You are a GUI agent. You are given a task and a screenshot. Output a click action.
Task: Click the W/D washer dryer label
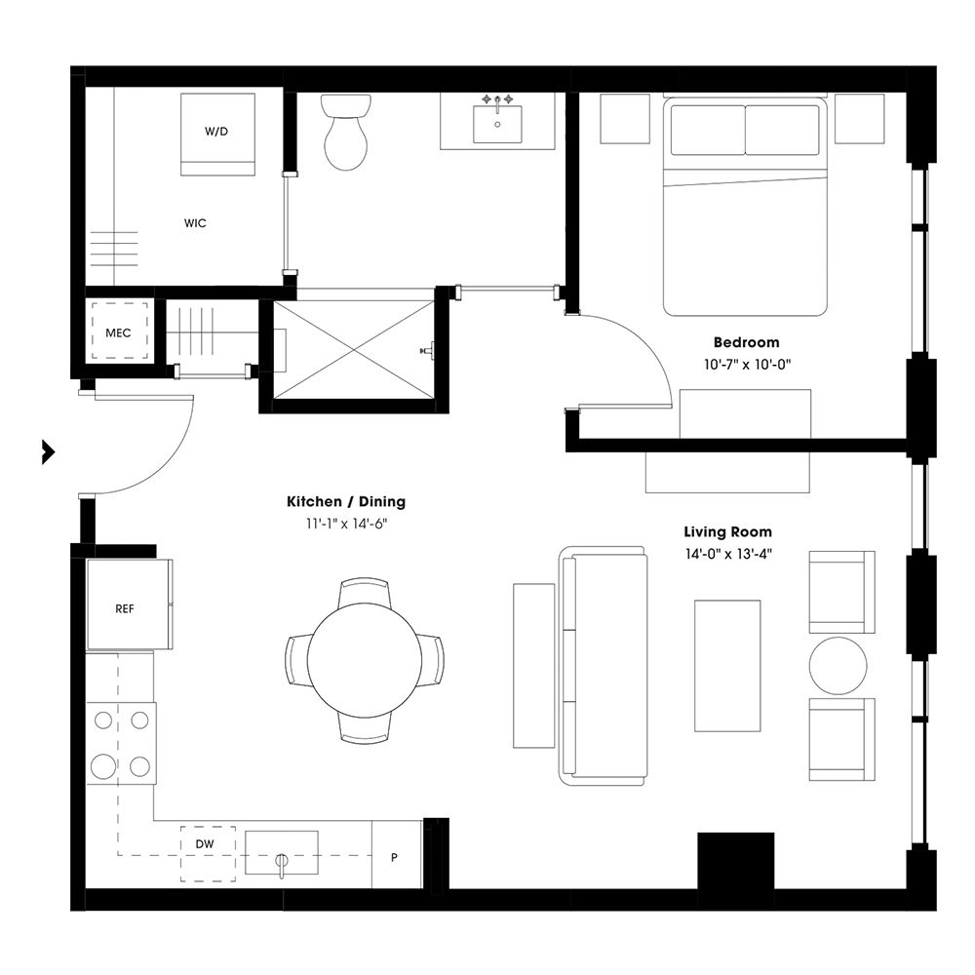point(216,132)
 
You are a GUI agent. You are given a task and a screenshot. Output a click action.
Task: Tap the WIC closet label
point(195,223)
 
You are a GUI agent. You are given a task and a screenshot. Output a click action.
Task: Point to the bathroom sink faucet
point(497,101)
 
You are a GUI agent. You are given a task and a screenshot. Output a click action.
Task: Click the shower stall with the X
point(353,349)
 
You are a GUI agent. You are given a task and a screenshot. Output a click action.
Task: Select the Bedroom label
point(746,342)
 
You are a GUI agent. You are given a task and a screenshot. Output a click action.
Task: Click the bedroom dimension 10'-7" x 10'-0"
point(746,364)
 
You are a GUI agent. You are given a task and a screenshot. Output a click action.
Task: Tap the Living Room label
point(727,532)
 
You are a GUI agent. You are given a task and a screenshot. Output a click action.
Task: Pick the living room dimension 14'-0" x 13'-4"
point(727,554)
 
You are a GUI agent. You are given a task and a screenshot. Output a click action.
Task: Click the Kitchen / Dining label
point(345,502)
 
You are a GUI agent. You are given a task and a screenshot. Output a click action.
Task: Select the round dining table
point(365,660)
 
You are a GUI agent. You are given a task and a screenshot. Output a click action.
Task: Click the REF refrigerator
point(125,607)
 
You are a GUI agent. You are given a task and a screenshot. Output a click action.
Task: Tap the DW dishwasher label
point(205,843)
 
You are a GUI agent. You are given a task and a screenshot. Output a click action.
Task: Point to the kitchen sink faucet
point(282,863)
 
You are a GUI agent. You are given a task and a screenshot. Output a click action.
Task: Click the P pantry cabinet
point(395,856)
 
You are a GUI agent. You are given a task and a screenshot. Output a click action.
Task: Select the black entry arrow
point(47,452)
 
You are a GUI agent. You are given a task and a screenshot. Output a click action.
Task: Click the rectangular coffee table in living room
point(726,665)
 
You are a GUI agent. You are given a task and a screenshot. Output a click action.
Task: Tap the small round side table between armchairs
point(838,666)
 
